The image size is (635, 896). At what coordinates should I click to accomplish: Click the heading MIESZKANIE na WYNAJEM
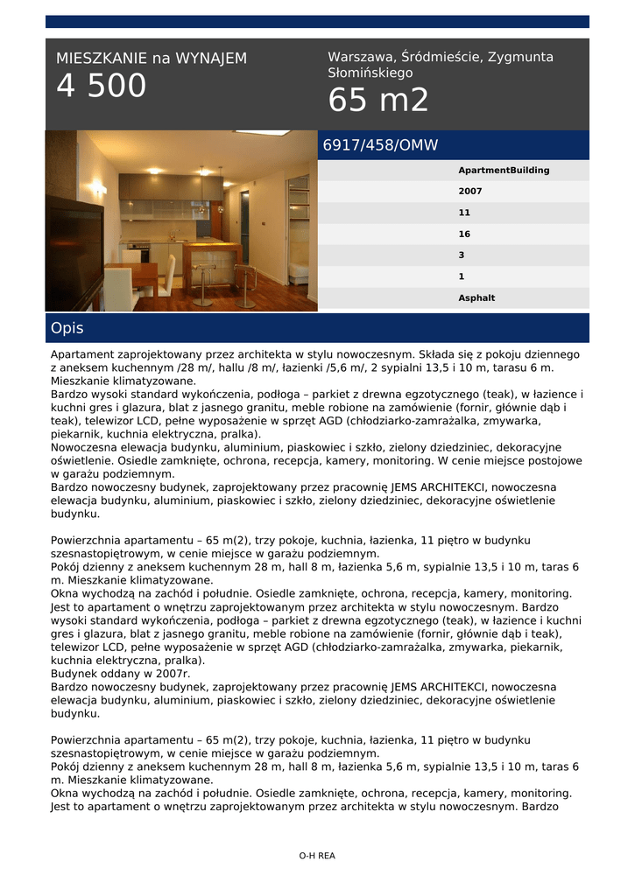pos(152,59)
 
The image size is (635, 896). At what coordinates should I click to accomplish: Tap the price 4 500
pos(102,87)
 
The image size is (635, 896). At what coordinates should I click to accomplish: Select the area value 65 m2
pos(378,101)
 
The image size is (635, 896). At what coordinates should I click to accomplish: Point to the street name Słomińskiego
pos(370,73)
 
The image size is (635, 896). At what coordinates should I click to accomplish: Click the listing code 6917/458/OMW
pos(380,145)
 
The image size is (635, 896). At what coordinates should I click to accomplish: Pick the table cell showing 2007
pos(470,192)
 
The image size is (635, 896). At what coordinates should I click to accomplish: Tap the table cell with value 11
pos(464,213)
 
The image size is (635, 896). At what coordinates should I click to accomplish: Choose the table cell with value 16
pos(464,234)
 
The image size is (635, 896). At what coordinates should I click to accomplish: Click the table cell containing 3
pos(462,255)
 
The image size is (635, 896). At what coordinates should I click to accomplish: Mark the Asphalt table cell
pos(476,298)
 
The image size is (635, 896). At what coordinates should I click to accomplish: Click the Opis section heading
pos(67,329)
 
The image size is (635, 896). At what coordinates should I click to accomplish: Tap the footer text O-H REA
pos(317,857)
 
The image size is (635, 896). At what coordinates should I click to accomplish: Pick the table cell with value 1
pos(462,276)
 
